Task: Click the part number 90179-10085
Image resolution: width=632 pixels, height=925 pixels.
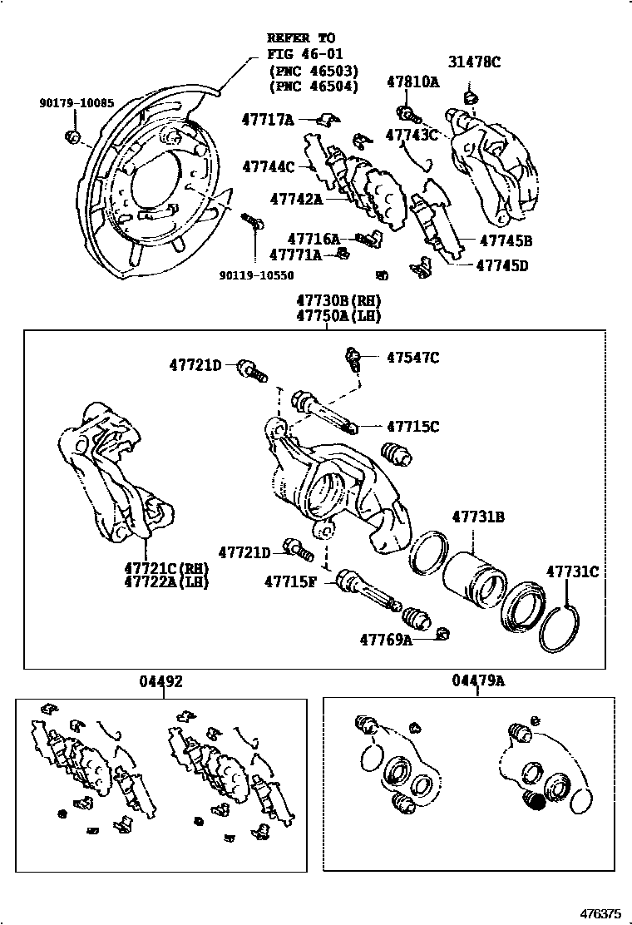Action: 77,103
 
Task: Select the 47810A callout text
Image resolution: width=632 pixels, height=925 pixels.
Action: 412,82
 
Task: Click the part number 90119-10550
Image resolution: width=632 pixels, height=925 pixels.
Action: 256,274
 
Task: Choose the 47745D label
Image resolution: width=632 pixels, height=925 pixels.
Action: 502,266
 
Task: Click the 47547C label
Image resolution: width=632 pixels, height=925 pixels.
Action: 412,358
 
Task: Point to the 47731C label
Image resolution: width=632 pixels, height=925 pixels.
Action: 572,571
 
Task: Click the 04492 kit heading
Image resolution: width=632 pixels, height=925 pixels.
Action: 160,681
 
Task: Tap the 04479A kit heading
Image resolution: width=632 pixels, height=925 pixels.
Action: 478,681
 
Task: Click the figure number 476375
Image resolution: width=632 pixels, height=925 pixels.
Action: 600,913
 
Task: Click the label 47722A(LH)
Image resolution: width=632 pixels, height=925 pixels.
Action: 166,582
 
